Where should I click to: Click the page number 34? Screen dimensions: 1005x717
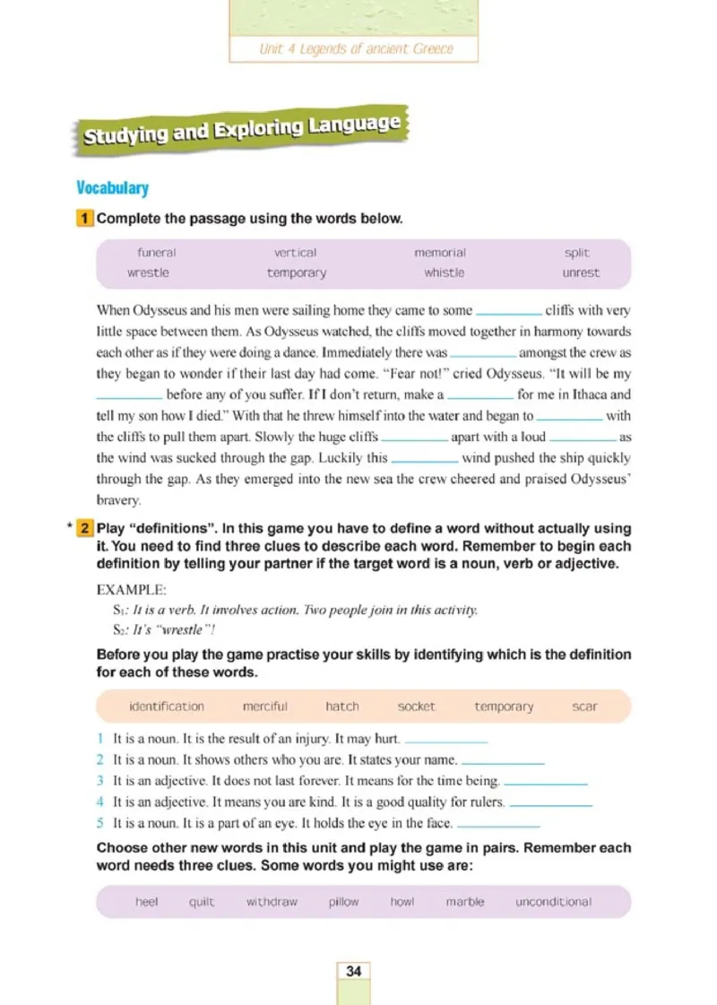pyautogui.click(x=353, y=971)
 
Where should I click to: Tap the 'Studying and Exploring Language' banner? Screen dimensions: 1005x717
pyautogui.click(x=241, y=129)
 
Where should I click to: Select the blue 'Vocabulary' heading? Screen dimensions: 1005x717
pyautogui.click(x=112, y=188)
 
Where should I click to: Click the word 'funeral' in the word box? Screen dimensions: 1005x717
pyautogui.click(x=157, y=253)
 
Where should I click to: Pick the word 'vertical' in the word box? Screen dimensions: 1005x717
pyautogui.click(x=295, y=253)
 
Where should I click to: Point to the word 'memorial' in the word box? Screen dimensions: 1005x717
pyautogui.click(x=440, y=253)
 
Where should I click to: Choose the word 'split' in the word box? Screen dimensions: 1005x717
pyautogui.click(x=577, y=253)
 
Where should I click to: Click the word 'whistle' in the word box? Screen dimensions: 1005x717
pyautogui.click(x=444, y=273)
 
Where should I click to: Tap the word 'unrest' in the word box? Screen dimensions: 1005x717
pyautogui.click(x=581, y=273)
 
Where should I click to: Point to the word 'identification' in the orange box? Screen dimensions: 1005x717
pyautogui.click(x=167, y=706)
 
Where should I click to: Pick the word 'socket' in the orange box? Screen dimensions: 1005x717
pyautogui.click(x=416, y=706)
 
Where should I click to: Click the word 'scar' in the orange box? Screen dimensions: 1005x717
pyautogui.click(x=584, y=706)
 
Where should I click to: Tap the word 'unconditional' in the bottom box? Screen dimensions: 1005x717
pyautogui.click(x=553, y=902)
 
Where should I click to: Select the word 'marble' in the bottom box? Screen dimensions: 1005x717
pyautogui.click(x=464, y=902)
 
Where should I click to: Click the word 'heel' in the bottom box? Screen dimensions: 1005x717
pyautogui.click(x=147, y=902)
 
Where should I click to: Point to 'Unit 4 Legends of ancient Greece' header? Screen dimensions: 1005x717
pyautogui.click(x=356, y=48)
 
